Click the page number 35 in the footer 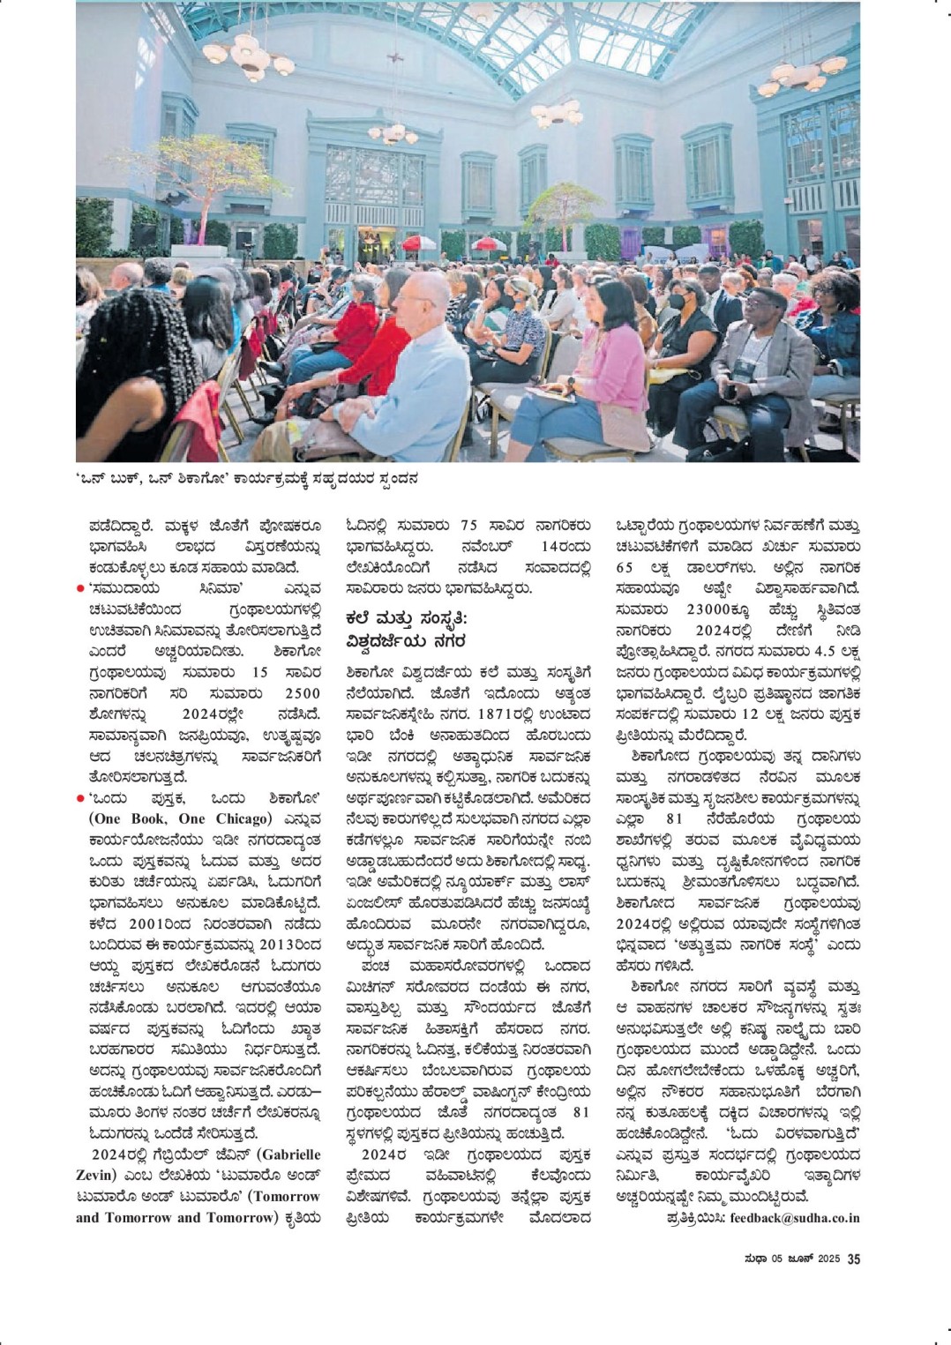[x=853, y=1259]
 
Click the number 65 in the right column [x=624, y=568]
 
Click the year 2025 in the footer [x=827, y=1260]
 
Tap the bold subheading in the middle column [x=406, y=630]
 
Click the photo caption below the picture [x=246, y=480]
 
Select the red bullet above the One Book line [x=79, y=798]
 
